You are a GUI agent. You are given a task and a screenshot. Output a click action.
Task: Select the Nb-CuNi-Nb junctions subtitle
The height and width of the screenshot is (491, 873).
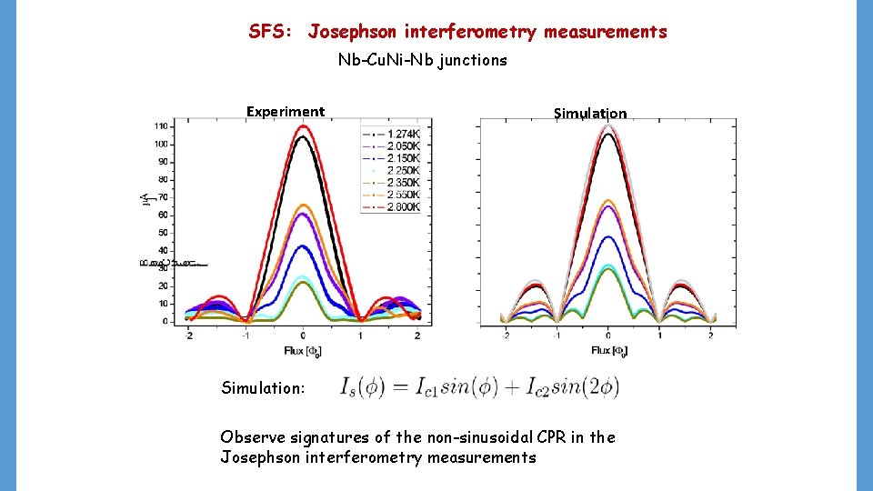(x=423, y=61)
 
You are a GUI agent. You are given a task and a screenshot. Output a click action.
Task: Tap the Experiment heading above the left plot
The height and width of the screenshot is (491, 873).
(x=285, y=112)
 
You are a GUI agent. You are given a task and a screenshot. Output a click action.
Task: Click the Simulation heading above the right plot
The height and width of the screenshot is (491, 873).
(x=590, y=114)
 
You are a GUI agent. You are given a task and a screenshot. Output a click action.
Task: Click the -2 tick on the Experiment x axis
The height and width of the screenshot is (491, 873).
(x=189, y=336)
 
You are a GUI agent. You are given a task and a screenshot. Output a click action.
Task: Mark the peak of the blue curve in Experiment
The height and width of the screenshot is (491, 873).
(x=304, y=245)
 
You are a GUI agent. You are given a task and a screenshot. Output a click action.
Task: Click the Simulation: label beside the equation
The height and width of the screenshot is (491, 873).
(x=263, y=388)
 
